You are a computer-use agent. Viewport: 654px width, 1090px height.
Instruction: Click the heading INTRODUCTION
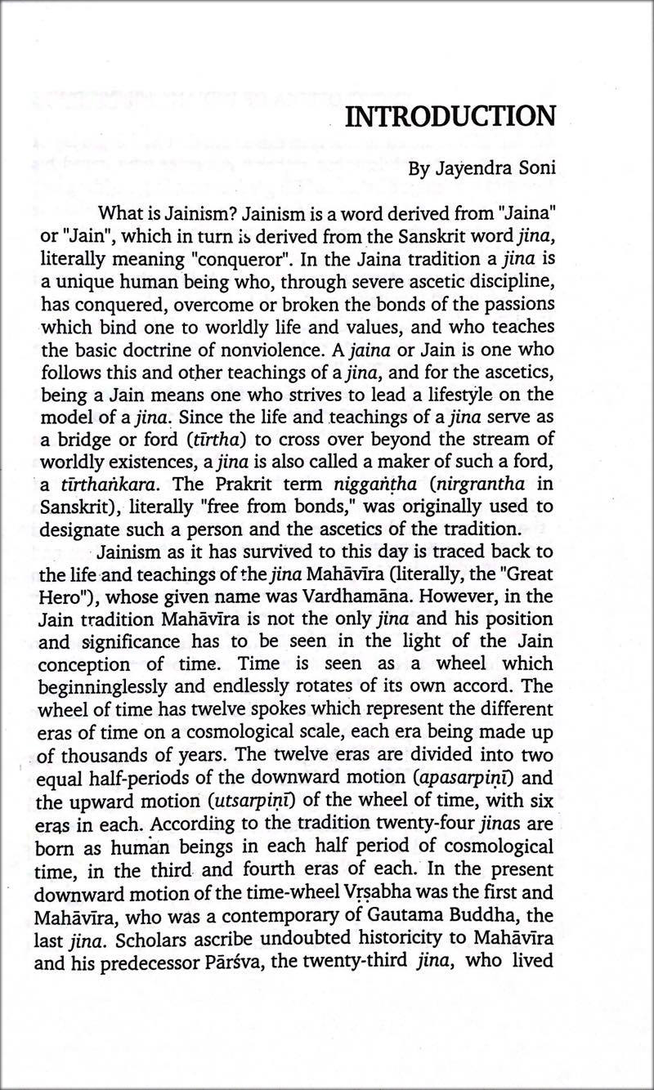(450, 117)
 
